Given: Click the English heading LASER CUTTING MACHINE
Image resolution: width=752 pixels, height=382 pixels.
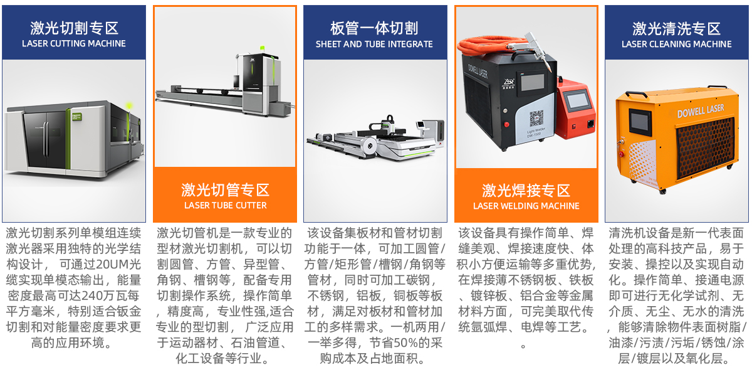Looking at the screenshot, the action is [74, 44].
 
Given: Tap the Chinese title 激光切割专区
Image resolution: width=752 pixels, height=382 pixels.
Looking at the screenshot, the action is [74, 28].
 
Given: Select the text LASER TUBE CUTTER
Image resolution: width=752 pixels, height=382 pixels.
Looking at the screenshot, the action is [225, 205].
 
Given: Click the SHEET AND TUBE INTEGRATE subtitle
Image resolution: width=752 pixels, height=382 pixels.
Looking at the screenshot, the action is [374, 44].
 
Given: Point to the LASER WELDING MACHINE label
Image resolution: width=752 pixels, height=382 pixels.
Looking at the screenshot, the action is [526, 206].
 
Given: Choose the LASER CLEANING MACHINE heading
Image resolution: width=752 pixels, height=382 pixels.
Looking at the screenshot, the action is [676, 44].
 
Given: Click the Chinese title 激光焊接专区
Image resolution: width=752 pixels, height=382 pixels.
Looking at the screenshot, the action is [526, 191].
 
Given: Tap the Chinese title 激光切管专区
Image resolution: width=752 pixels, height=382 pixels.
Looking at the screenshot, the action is [225, 190].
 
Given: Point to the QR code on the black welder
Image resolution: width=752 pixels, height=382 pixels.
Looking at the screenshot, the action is [536, 119].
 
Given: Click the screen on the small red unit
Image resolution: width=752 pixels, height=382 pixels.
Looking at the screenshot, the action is [577, 101].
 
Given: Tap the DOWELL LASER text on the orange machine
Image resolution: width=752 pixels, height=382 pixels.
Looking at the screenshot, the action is [701, 111].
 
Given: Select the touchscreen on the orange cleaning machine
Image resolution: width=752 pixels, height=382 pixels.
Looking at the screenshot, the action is [640, 122].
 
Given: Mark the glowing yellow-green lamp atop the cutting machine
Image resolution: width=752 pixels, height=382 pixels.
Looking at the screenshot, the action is [128, 106].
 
